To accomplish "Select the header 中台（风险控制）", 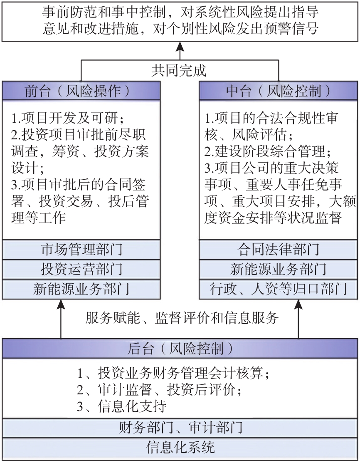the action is tap(279, 91).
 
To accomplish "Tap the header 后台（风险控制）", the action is tap(180, 349).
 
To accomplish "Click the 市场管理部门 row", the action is tap(81, 250).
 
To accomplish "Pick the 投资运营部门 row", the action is tap(81, 269).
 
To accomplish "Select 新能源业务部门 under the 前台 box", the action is tap(81, 289).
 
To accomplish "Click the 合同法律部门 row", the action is tap(279, 250).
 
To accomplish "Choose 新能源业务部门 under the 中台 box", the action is tap(279, 269).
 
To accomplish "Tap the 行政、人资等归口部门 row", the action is tap(279, 289).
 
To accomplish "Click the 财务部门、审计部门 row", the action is tap(180, 428).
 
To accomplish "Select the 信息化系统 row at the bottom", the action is tap(180, 448).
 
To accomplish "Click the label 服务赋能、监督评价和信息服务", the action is tap(182, 318).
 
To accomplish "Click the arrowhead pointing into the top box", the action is tap(180, 46).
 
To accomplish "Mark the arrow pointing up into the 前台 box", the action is tap(61, 319).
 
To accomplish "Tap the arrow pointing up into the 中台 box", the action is tap(298, 319).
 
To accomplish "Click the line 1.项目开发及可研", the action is tap(67, 119).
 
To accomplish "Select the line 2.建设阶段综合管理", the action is tap(268, 152).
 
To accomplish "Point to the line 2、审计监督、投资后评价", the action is tap(159, 390).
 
